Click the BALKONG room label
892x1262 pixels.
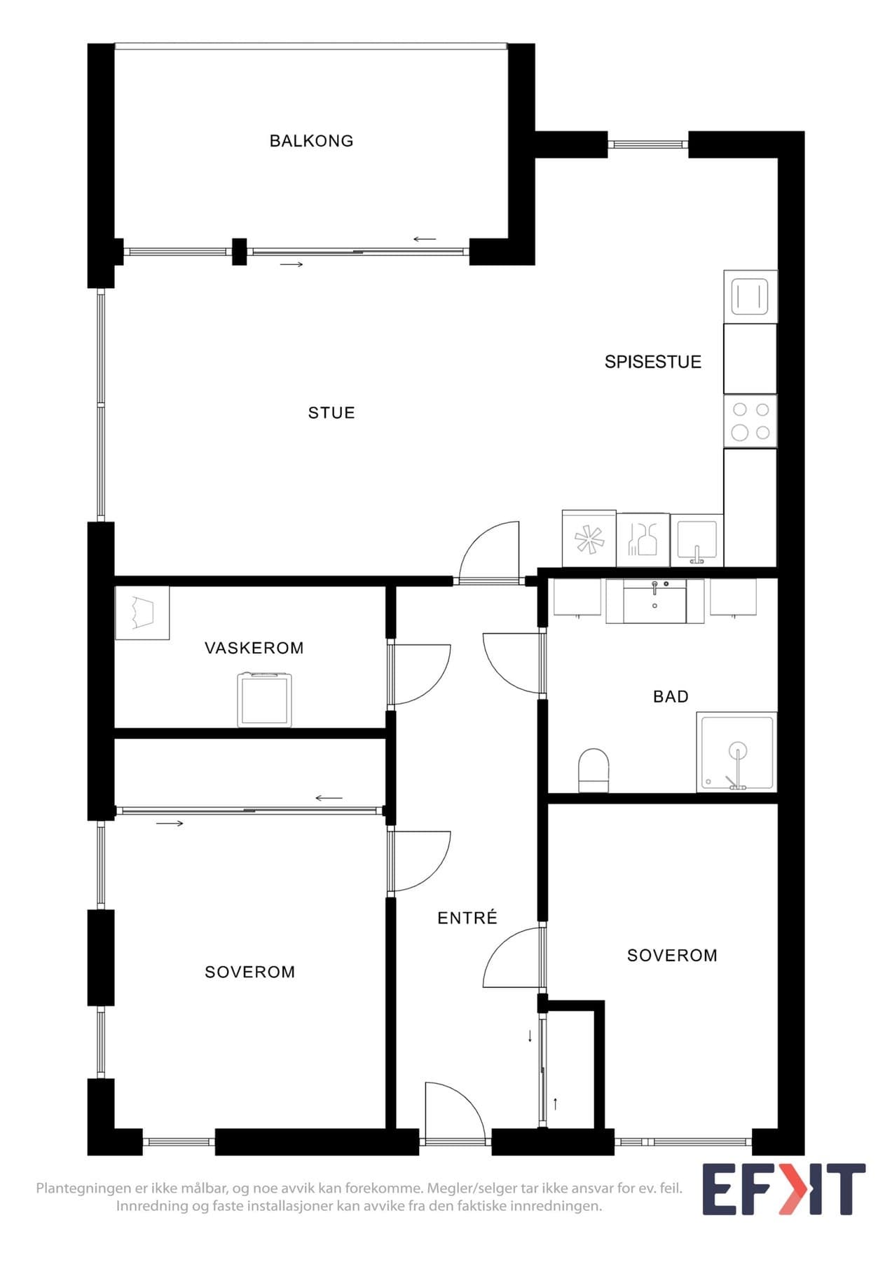point(311,141)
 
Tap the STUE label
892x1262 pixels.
point(331,413)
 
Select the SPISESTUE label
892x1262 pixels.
point(653,362)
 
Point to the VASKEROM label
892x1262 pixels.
point(254,648)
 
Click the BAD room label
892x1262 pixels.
point(671,696)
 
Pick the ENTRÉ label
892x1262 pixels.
point(467,917)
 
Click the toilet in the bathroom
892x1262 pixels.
point(593,770)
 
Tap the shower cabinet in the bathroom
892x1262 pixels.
point(736,752)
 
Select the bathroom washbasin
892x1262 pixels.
point(654,601)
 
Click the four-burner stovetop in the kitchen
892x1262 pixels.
point(750,421)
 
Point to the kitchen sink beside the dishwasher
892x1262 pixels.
point(697,541)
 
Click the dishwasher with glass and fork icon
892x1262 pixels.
point(643,540)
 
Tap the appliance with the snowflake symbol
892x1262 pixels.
point(589,538)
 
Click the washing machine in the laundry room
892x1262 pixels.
point(264,699)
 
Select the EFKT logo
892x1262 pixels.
point(784,1189)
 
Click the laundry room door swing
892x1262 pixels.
point(438,686)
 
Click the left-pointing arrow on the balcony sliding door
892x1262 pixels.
point(425,239)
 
